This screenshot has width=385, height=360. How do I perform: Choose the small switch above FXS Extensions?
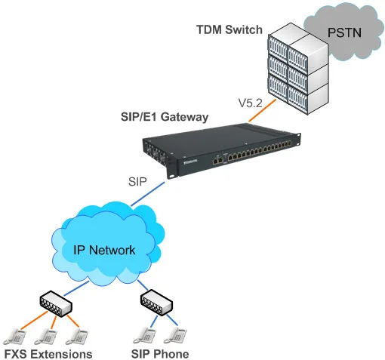(x=54, y=305)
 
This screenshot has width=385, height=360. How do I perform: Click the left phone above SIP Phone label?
(x=142, y=334)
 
